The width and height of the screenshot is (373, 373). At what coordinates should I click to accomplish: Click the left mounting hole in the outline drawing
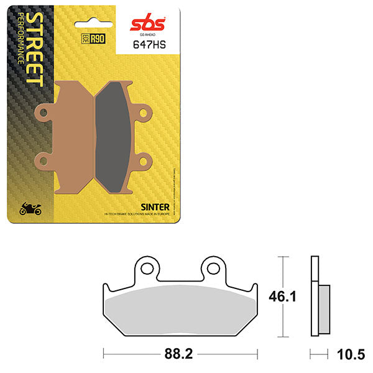click(x=147, y=267)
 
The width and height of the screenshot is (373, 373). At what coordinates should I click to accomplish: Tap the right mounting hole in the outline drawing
click(x=213, y=267)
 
